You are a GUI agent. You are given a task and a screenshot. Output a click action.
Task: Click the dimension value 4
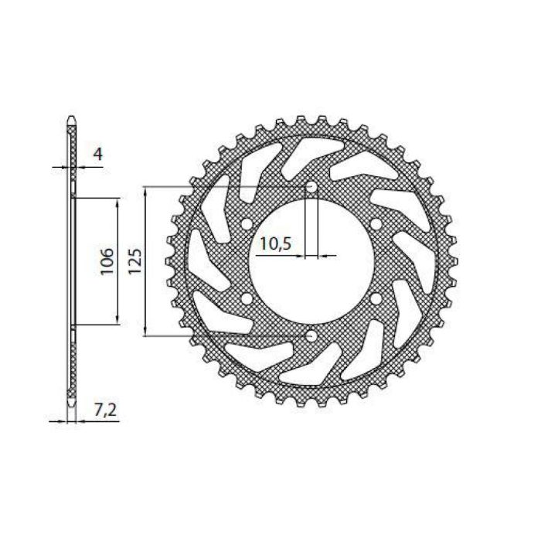pyautogui.click(x=97, y=154)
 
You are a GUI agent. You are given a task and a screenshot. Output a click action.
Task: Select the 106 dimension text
pyautogui.click(x=107, y=262)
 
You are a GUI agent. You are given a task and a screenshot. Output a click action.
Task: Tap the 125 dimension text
pyautogui.click(x=134, y=262)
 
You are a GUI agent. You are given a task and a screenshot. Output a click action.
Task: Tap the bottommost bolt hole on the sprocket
pyautogui.click(x=311, y=336)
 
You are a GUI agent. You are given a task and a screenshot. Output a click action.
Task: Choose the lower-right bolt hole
pyautogui.click(x=375, y=299)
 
